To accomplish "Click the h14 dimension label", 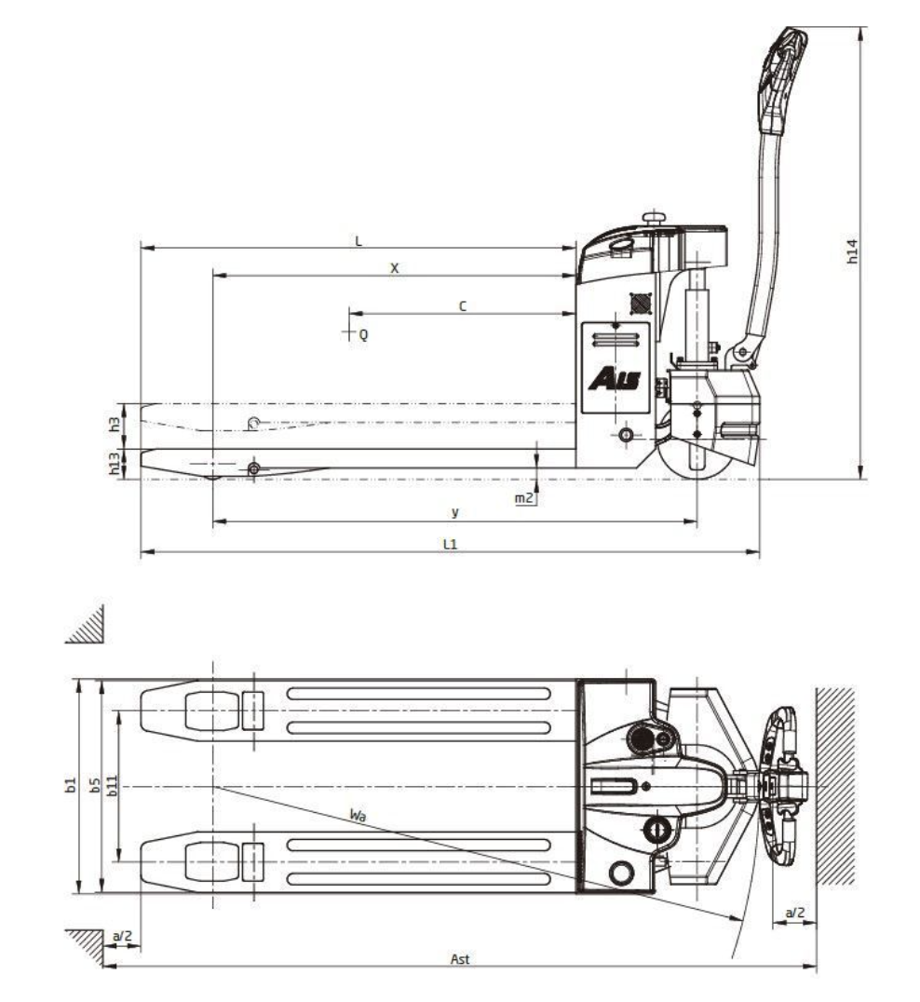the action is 852,251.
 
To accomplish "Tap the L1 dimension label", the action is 451,545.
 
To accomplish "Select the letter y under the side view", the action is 455,512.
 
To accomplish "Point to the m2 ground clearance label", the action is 524,498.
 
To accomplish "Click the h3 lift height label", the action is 114,424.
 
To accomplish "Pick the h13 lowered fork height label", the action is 114,464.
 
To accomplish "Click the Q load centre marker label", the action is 363,334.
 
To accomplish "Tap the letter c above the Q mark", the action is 463,306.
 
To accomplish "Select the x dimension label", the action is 394,268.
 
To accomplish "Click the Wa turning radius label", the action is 358,815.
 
